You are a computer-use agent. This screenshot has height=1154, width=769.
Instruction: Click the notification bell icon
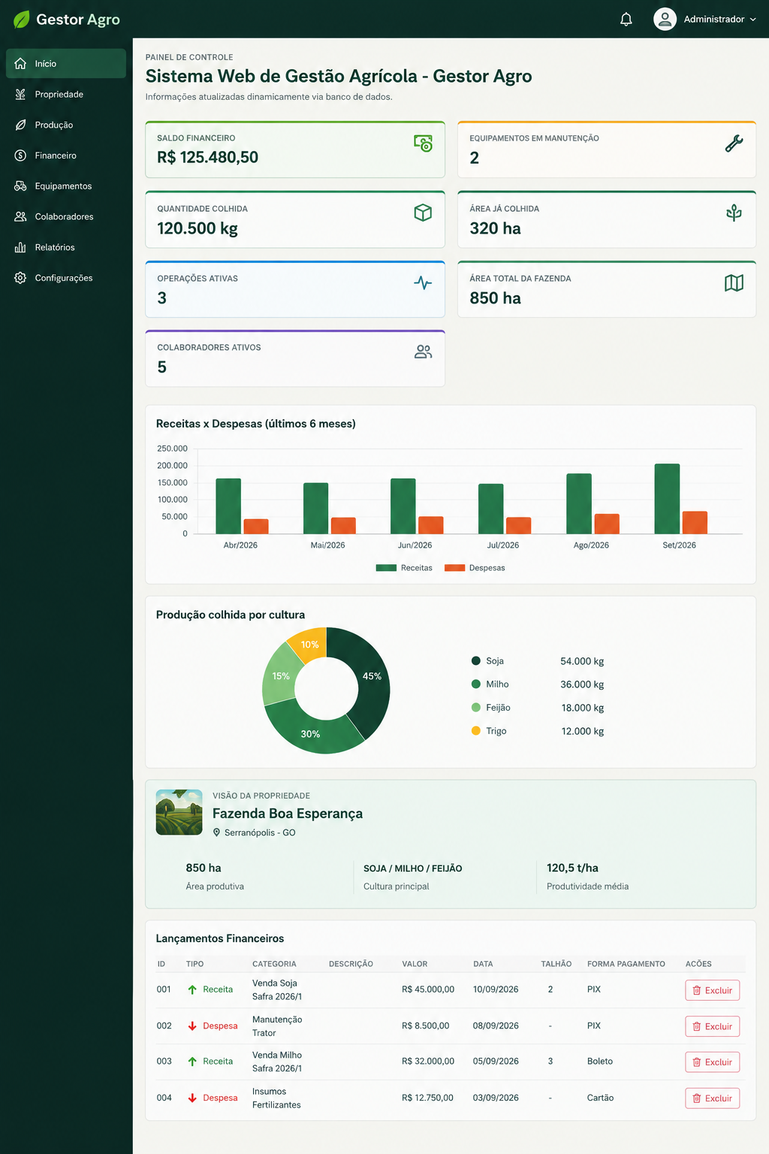(626, 19)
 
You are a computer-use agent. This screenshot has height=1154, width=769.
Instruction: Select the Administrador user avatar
(665, 19)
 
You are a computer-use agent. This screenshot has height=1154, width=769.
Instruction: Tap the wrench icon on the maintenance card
(734, 143)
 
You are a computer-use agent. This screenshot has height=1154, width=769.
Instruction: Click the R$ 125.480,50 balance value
(207, 157)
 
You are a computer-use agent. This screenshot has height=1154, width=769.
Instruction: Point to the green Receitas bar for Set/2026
(667, 499)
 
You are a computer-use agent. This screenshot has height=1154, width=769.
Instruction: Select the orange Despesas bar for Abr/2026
(256, 526)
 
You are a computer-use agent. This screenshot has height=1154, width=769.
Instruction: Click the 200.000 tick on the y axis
(172, 465)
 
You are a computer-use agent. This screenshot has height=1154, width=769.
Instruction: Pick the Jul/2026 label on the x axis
(502, 545)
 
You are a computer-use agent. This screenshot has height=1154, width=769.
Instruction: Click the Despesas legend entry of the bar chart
(475, 568)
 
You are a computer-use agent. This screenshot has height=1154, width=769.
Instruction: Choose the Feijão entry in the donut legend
(491, 707)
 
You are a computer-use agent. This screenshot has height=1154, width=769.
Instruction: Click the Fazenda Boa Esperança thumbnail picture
(179, 812)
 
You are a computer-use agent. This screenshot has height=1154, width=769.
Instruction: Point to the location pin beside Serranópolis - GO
(216, 832)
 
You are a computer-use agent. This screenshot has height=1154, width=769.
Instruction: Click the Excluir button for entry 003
(712, 1062)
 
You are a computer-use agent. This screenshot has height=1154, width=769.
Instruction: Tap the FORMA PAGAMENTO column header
(626, 964)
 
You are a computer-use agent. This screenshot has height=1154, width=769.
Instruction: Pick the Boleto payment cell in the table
(599, 1062)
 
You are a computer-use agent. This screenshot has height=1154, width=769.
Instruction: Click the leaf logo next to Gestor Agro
(21, 20)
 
